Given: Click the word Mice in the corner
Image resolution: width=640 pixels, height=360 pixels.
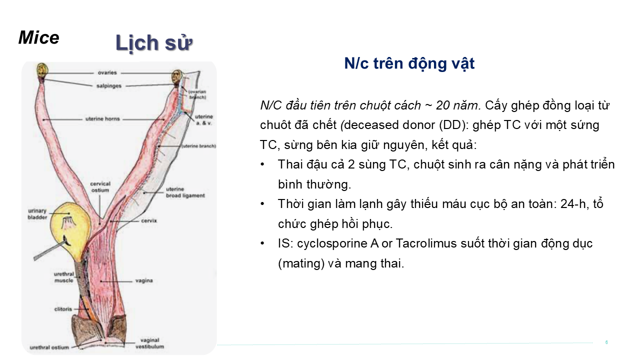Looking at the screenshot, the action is pos(39,37).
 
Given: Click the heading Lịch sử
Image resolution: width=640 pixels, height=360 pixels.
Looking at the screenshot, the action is pos(154,43).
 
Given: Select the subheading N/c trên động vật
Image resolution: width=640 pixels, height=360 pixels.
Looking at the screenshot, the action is pos(409,63).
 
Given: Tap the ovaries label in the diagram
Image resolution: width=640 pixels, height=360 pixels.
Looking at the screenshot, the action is pos(107,72).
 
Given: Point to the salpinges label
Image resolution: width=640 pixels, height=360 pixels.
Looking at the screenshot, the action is pos(109,86).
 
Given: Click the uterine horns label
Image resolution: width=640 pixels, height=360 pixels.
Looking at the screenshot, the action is pos(102,119).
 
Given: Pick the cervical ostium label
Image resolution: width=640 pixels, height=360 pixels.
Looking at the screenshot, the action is pos(100,187).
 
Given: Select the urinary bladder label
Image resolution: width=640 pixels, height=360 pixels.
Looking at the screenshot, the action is pos(37,214).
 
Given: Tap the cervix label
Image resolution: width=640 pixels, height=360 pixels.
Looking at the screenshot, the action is pos(149,220).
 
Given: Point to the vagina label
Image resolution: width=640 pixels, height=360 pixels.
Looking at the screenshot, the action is pos(144,280).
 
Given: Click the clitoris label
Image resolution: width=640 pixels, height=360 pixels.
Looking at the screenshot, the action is pos(63,309).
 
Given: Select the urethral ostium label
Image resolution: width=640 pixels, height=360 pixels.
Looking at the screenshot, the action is pos(49,347).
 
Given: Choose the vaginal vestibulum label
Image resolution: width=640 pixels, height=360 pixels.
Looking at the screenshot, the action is pos(149,343).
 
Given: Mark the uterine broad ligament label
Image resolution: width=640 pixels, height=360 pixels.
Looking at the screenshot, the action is pos(185,192).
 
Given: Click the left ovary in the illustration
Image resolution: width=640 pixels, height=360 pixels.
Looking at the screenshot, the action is pos(42,70).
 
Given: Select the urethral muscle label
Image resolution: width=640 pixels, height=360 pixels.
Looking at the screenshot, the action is pos(64,277).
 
